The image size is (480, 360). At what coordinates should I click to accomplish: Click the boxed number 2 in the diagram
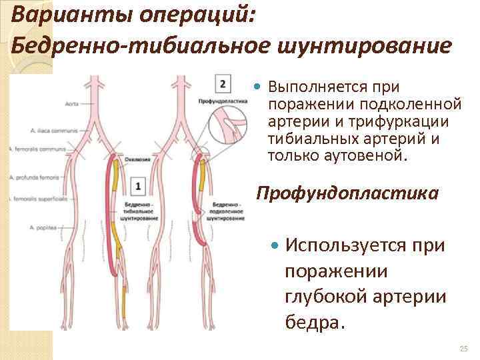click(x=223, y=84)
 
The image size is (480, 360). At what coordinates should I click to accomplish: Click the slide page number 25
click(x=465, y=349)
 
